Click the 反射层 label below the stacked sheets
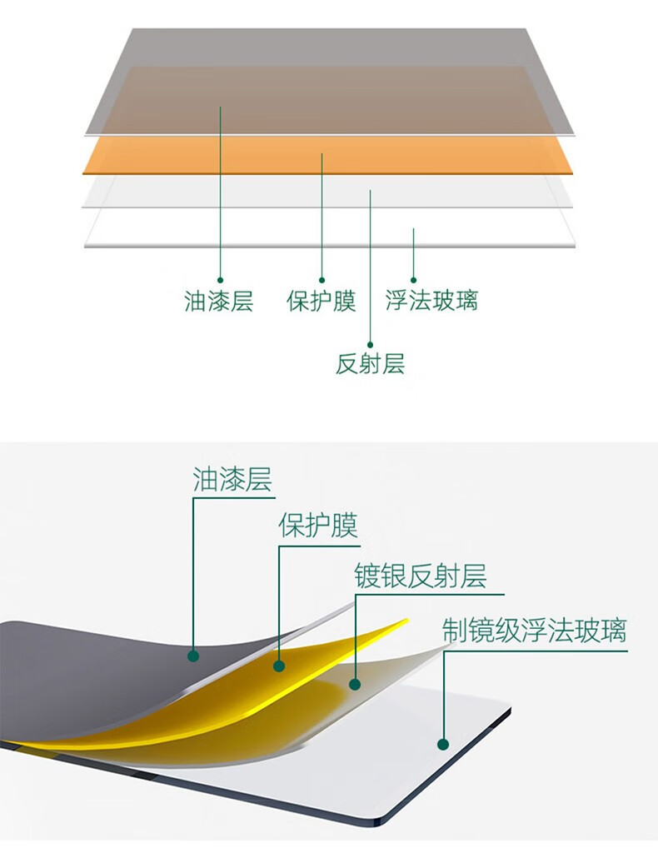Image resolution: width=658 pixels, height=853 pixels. [370, 363]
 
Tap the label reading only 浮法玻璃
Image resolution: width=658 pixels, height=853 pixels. [431, 300]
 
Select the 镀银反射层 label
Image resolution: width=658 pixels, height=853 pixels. [421, 576]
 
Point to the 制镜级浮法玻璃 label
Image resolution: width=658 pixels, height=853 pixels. [534, 631]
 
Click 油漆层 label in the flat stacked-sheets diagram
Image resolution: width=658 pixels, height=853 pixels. [218, 300]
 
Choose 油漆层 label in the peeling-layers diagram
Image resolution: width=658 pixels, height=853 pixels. [232, 480]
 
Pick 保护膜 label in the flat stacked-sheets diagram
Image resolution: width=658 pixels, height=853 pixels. [322, 300]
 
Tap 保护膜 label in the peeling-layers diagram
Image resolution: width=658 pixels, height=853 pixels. [317, 526]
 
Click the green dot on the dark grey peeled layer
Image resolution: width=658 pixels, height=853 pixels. [193, 656]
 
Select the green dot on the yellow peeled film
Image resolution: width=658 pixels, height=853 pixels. [279, 666]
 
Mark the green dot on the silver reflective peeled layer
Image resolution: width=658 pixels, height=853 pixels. [355, 685]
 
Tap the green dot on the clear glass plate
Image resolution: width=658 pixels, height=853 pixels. [443, 744]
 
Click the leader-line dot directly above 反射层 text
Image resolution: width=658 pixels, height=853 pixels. [370, 343]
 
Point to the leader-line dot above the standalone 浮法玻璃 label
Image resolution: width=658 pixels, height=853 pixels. [413, 281]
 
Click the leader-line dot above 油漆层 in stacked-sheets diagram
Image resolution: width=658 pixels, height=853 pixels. [220, 281]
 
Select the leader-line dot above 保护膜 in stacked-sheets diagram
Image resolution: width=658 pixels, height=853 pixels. [322, 281]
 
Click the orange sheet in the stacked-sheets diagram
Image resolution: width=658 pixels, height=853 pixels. [466, 157]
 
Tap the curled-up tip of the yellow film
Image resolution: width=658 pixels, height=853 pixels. [405, 621]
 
